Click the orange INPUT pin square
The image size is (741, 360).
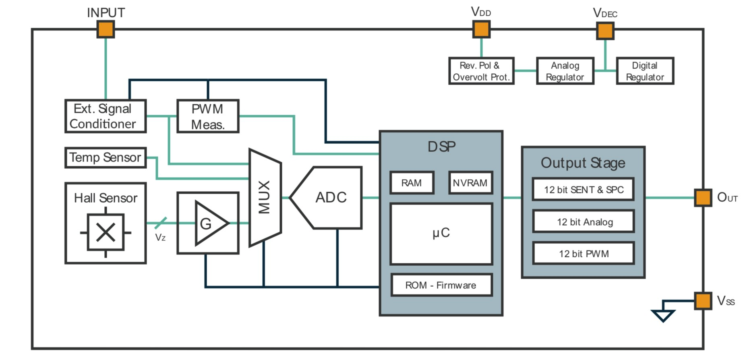click(106, 29)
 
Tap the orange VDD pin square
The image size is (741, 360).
click(481, 29)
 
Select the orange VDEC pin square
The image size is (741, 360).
click(605, 31)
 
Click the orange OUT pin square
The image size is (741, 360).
click(703, 198)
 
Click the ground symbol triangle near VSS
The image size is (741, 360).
click(663, 315)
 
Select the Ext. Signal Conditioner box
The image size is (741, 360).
click(106, 116)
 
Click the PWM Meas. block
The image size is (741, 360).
click(208, 116)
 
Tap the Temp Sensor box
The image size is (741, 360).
click(106, 157)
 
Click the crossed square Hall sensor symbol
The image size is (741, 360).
click(106, 232)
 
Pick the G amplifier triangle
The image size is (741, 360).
click(209, 223)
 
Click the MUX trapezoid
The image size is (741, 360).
click(265, 197)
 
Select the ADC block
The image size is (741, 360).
click(330, 198)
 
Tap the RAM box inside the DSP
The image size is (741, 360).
click(412, 183)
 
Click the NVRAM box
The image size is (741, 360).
click(470, 183)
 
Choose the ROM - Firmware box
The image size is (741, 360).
click(441, 285)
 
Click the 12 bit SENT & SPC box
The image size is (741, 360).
click(583, 190)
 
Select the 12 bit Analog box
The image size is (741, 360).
click(583, 221)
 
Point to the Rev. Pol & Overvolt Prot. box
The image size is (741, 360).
click(481, 71)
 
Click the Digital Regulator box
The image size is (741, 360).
click(645, 71)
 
